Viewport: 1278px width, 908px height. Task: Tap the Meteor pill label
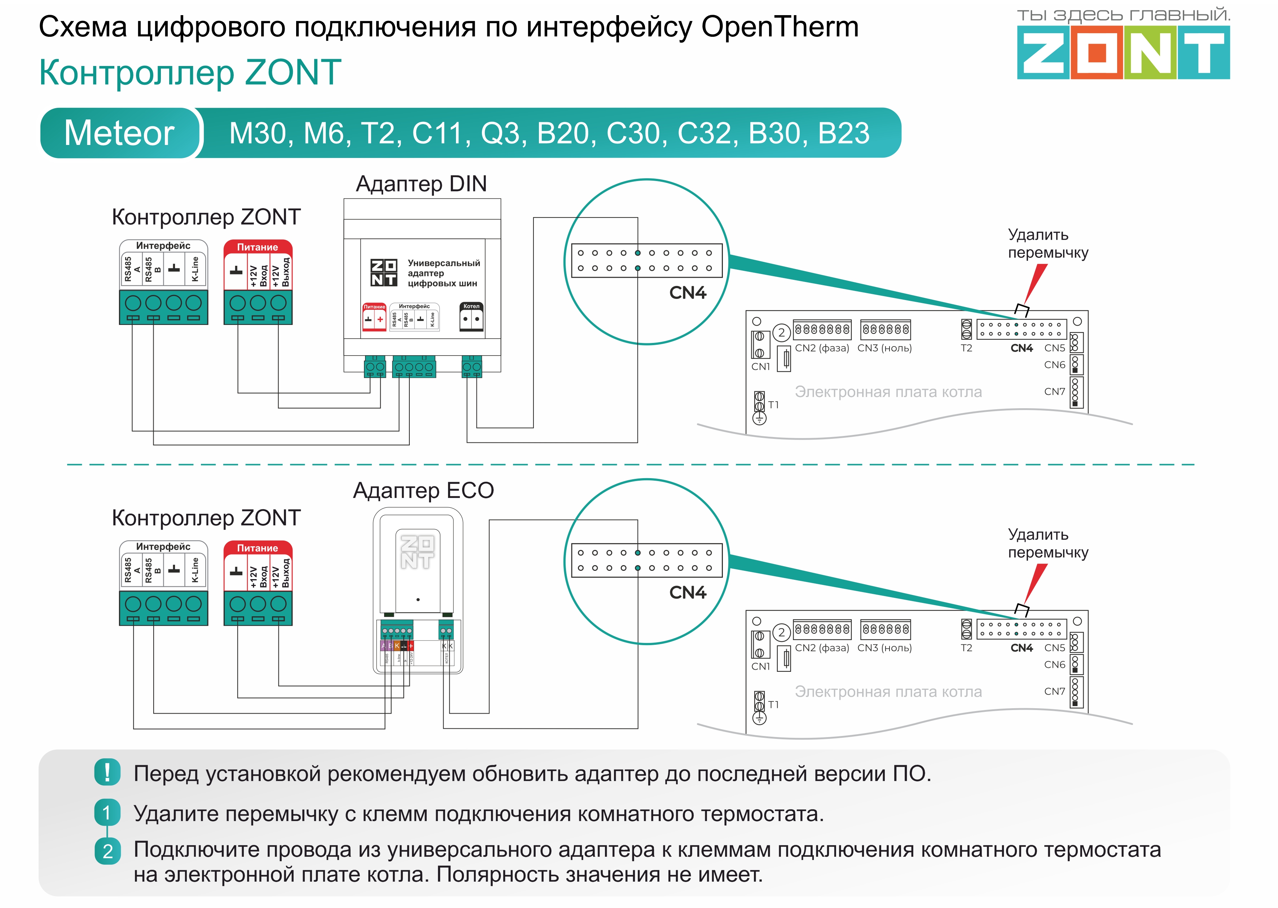[x=119, y=133]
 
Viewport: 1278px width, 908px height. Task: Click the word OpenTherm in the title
[x=779, y=26]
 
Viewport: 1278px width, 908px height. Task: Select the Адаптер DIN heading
[x=421, y=184]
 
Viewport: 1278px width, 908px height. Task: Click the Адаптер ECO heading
[x=423, y=490]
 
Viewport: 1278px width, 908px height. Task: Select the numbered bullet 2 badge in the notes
[x=107, y=851]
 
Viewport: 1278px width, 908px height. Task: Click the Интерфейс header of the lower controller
[x=163, y=546]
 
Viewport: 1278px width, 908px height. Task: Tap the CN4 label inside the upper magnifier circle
[x=688, y=293]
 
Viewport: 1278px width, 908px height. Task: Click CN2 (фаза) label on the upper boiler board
[x=822, y=348]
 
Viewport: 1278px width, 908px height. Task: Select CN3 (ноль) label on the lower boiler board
[x=884, y=647]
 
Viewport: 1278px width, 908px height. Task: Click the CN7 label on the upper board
[x=1054, y=391]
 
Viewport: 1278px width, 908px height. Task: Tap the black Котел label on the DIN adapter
[x=471, y=307]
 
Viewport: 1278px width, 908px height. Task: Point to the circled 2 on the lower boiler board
[x=781, y=632]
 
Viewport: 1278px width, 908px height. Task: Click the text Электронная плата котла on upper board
[x=888, y=392]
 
